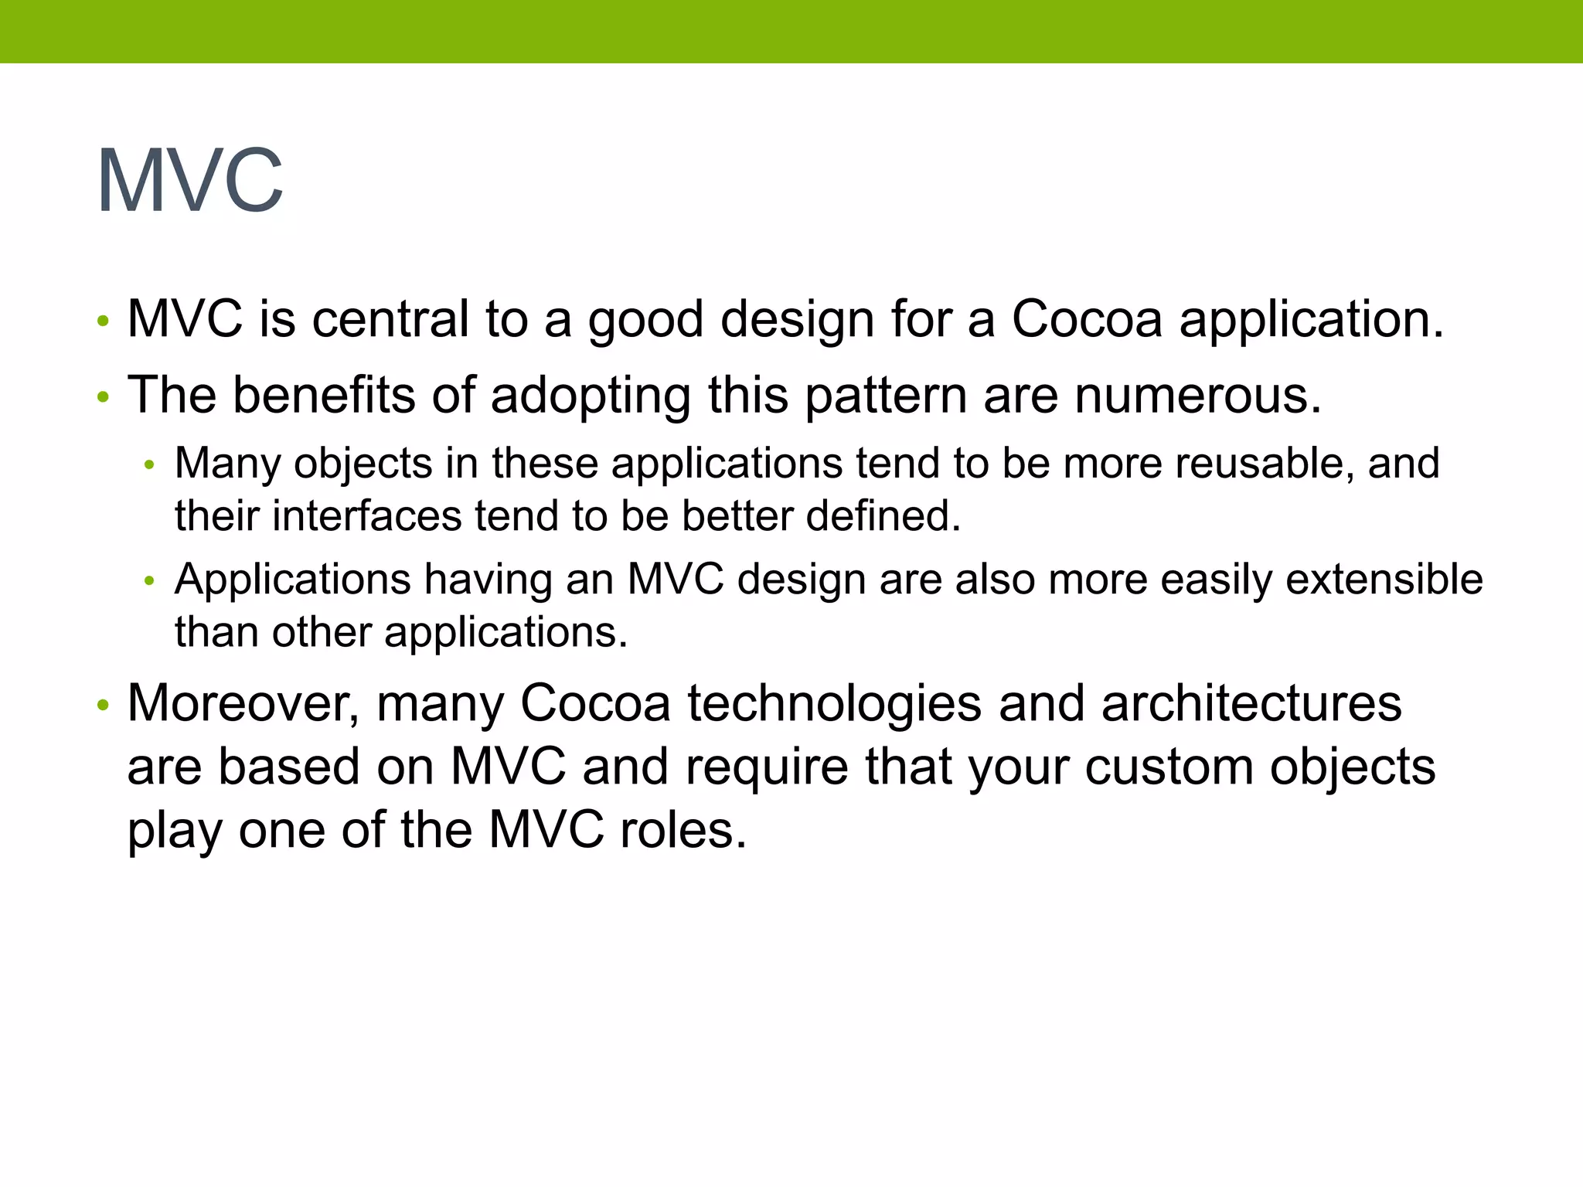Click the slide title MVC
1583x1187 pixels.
point(190,182)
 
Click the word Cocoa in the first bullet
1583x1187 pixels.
point(1087,319)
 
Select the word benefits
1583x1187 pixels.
point(325,395)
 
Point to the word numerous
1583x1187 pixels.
point(1197,395)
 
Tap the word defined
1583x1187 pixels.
point(883,516)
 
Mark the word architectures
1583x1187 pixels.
point(1251,704)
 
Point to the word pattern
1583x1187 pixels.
point(885,396)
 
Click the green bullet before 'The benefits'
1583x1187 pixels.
point(104,398)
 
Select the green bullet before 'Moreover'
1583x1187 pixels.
point(104,706)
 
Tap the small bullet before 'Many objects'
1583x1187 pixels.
point(150,465)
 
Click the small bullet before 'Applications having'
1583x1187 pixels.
point(150,581)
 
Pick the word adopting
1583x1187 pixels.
point(591,396)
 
